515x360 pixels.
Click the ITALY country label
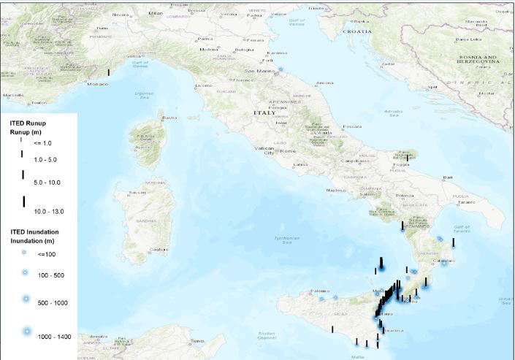264,113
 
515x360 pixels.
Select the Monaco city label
97,84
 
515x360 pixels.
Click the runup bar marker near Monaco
109,72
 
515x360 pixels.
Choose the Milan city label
155,13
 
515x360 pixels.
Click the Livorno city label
203,86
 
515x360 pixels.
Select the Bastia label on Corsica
169,117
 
